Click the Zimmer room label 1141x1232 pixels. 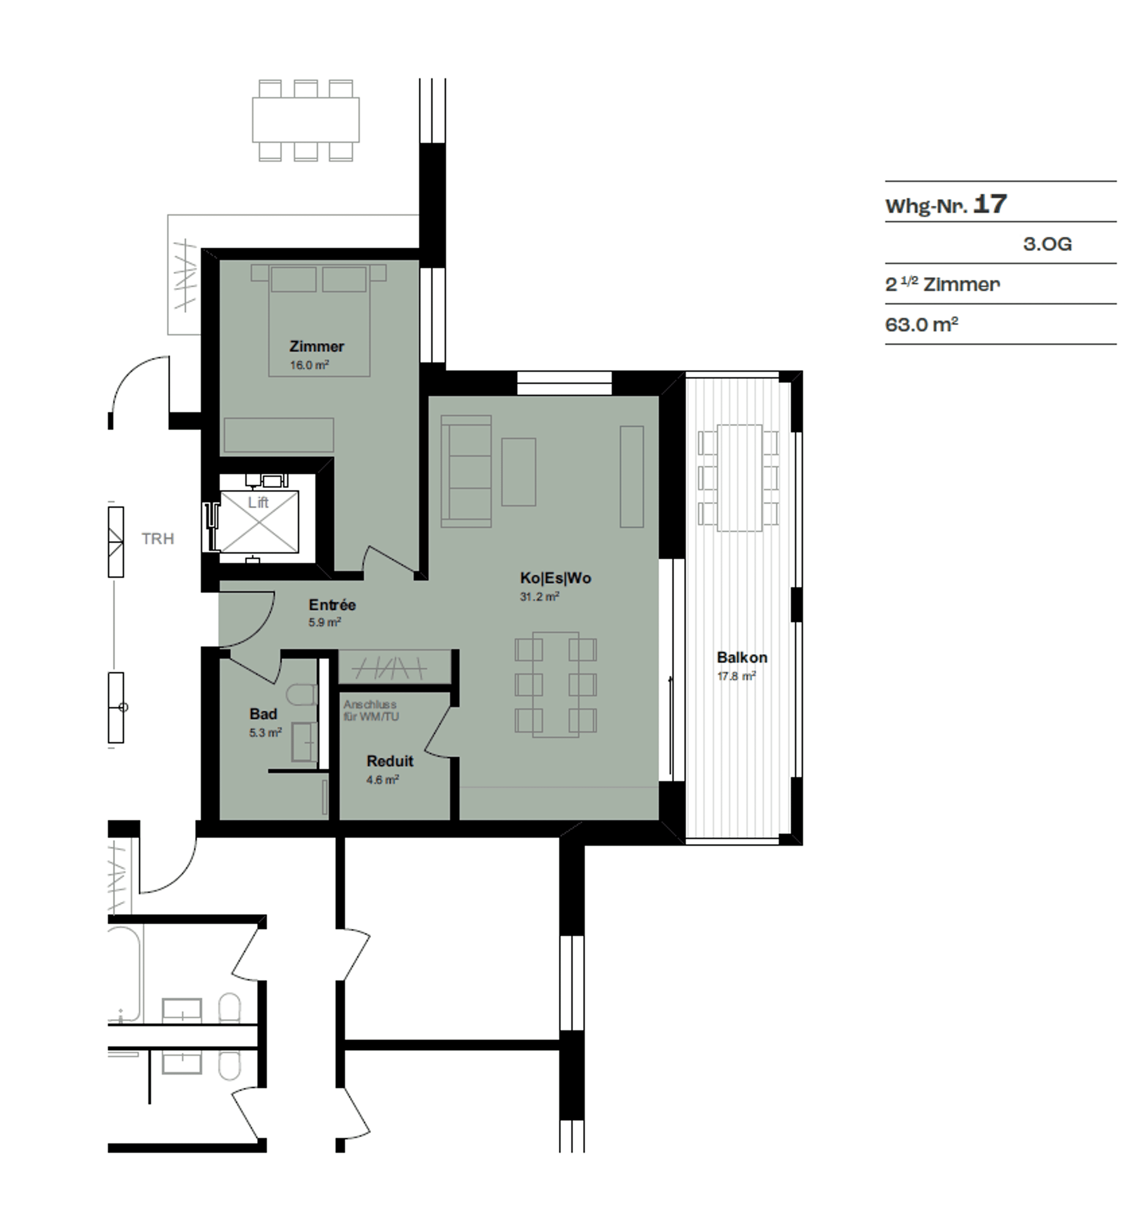coord(317,346)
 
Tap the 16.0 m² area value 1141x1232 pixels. coord(309,365)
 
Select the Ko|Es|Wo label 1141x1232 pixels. coord(556,578)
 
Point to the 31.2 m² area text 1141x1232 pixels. coord(540,596)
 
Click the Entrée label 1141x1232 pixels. coord(332,605)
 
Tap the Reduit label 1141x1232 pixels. coord(390,761)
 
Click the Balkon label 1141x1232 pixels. coord(742,657)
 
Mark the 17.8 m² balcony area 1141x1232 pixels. coord(737,676)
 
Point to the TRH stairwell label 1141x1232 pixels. coord(158,539)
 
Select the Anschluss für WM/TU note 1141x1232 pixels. coord(371,710)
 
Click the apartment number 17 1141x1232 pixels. coord(990,204)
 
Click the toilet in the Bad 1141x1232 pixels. coord(302,694)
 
